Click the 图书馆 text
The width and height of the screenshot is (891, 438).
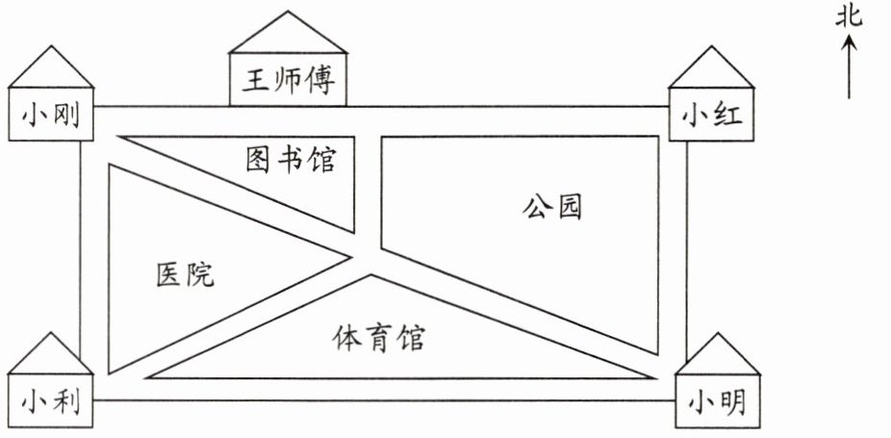(290, 159)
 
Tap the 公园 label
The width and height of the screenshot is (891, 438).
(553, 207)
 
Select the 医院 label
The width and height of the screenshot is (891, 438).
(185, 275)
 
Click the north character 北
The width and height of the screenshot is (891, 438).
(850, 16)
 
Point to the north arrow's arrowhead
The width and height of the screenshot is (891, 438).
(850, 41)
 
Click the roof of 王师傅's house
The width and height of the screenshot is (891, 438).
(288, 35)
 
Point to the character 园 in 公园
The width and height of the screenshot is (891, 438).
(569, 207)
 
